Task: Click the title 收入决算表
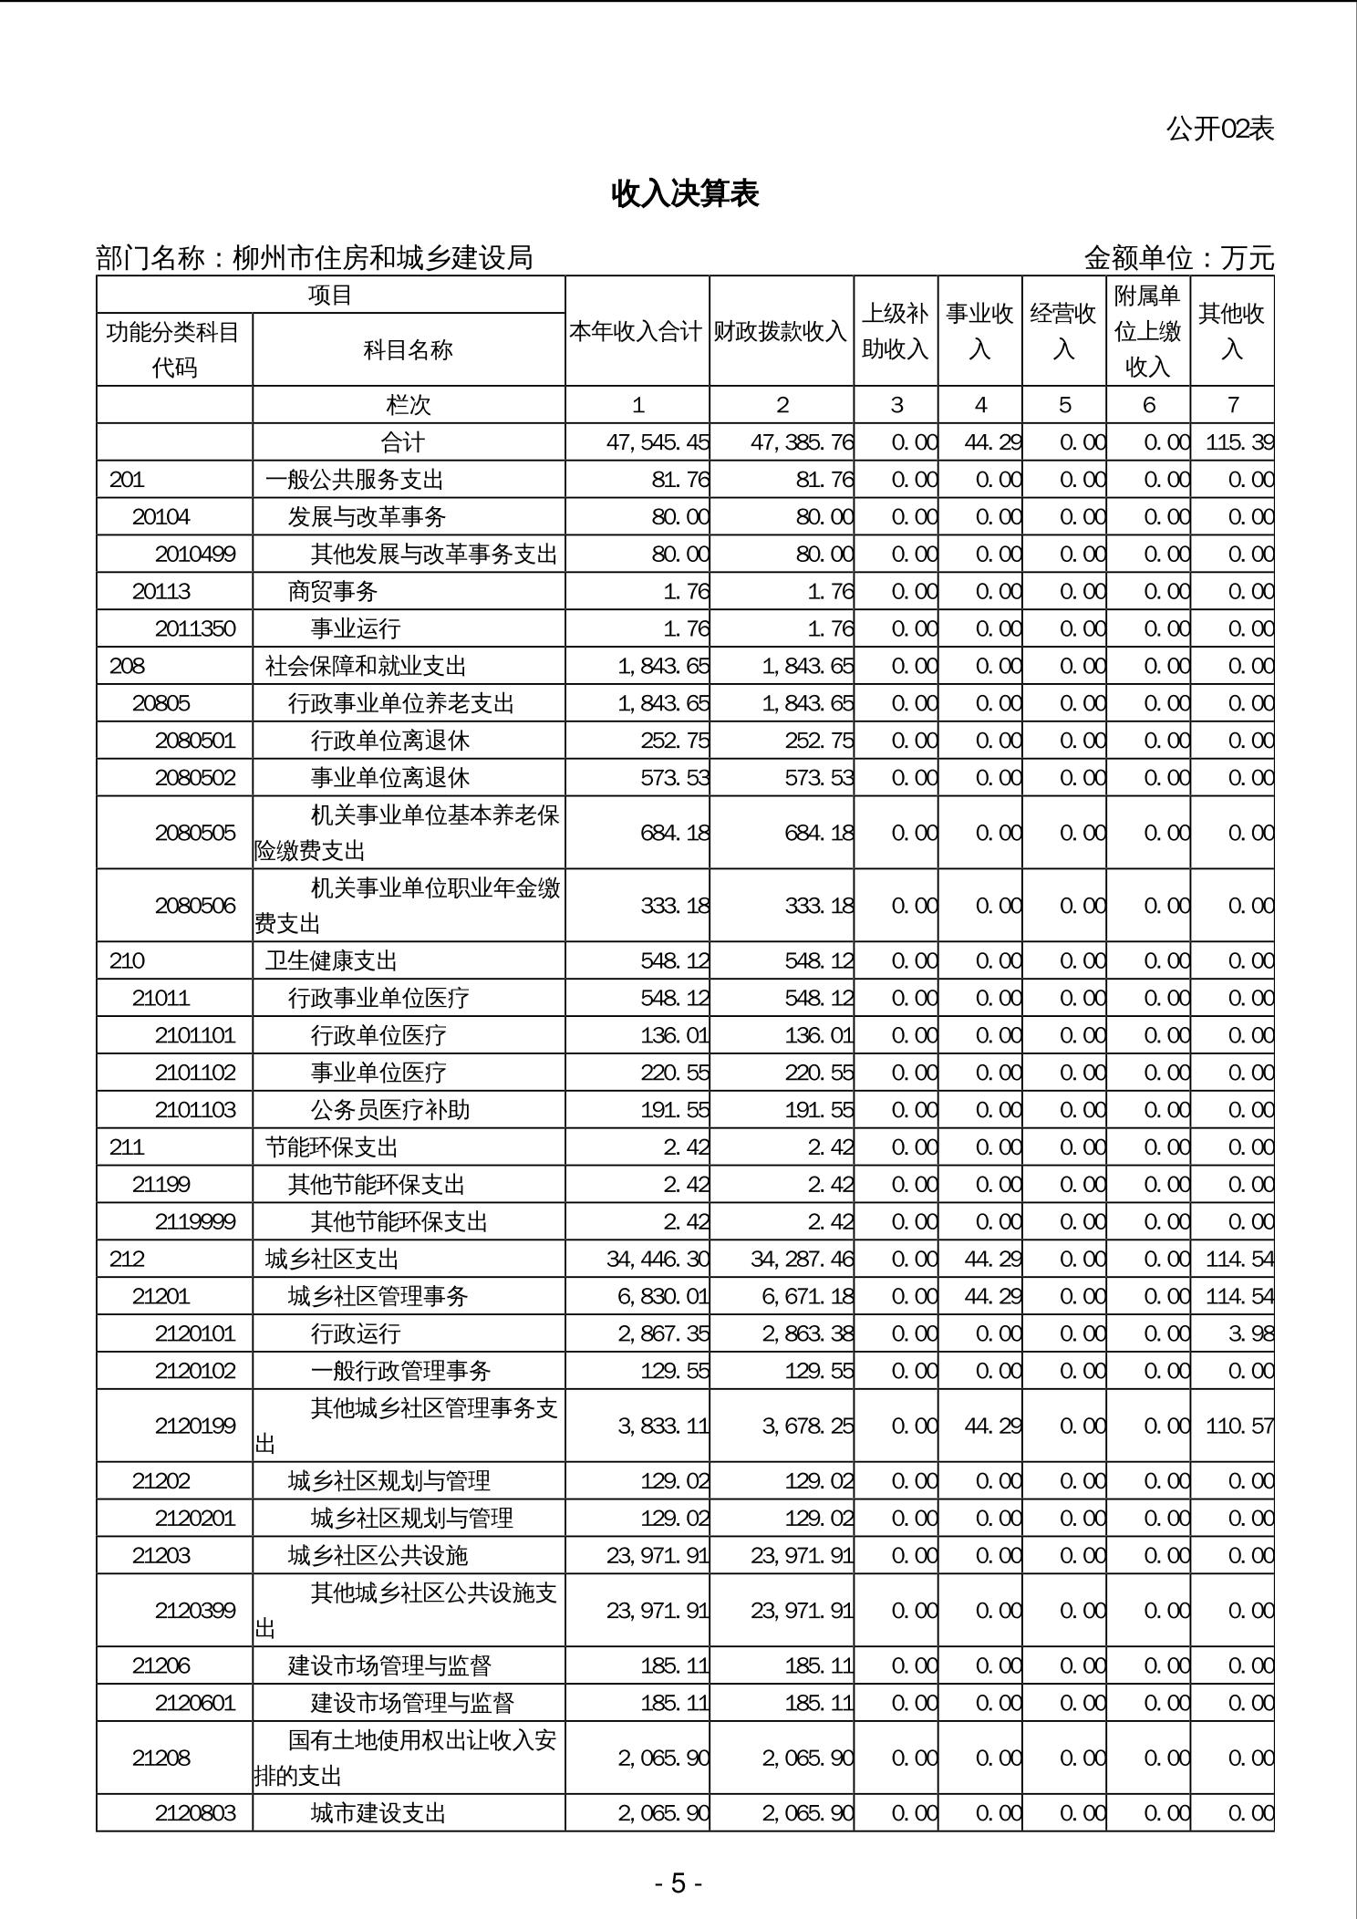click(685, 193)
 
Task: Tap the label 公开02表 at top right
click(1219, 130)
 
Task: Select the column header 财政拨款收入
click(781, 331)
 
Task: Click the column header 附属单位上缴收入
click(1147, 331)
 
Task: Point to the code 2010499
click(195, 555)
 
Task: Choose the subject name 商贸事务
click(333, 592)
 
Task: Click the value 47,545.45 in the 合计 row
click(658, 443)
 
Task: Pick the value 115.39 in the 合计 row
click(1238, 443)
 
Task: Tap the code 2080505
click(195, 833)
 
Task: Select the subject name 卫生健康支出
click(331, 961)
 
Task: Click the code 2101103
click(195, 1110)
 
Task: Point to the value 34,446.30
click(658, 1260)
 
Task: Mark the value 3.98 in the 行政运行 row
click(1250, 1334)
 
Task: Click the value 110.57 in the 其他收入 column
click(1238, 1426)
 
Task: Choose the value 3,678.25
click(807, 1426)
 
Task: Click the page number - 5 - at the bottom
click(678, 1883)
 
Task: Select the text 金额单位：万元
click(1178, 259)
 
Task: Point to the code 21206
click(161, 1666)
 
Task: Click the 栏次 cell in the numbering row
click(408, 405)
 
